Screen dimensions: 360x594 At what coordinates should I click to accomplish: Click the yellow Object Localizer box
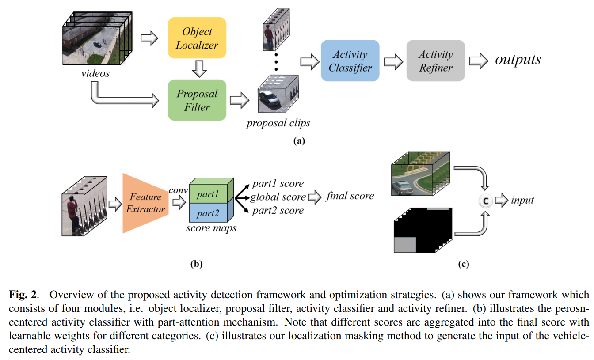(197, 38)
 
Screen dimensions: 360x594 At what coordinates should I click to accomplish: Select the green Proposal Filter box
(197, 100)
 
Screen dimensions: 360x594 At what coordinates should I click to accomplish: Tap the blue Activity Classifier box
(350, 61)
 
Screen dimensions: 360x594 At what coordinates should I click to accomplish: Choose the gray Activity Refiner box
(435, 61)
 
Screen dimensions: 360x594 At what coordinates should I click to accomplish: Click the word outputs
(518, 60)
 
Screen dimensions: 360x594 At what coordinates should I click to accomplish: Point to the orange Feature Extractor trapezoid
(144, 203)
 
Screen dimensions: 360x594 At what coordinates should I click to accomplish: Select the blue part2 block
(208, 213)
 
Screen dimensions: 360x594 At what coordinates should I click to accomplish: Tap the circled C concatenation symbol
(485, 201)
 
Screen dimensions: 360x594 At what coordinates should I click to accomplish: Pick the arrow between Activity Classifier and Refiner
(392, 61)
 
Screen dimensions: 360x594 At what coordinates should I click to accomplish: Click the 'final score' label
(350, 196)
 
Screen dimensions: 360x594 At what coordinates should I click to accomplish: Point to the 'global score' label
(278, 197)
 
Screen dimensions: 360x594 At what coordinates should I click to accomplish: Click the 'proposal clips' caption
(278, 123)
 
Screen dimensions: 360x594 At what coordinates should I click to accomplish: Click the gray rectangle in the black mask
(405, 245)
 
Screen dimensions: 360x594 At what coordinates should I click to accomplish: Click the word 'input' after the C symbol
(522, 201)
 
